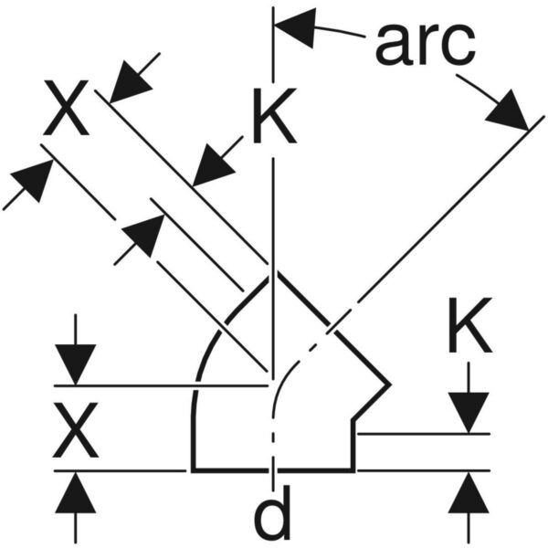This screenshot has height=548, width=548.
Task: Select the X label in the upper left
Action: click(66, 108)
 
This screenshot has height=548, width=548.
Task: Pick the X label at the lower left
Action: click(76, 430)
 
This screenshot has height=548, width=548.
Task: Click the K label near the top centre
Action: click(275, 115)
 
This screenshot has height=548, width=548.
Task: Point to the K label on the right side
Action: click(470, 325)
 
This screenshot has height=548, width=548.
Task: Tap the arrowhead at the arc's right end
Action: click(510, 111)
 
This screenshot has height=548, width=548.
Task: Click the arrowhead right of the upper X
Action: click(130, 83)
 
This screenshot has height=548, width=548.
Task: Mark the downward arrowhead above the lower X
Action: click(76, 364)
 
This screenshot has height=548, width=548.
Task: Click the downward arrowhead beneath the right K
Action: click(469, 413)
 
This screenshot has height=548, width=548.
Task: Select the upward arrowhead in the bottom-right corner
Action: click(469, 493)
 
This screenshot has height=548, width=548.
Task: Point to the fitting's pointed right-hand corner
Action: click(389, 385)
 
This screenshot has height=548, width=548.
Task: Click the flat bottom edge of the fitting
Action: click(272, 470)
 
